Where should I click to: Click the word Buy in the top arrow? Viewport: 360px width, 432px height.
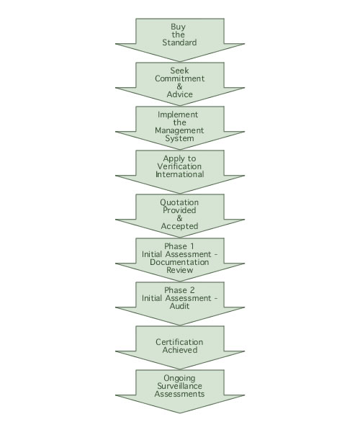point(179,27)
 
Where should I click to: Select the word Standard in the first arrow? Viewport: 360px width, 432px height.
point(179,42)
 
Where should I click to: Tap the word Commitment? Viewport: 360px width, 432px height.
point(179,78)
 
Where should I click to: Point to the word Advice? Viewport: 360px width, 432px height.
point(179,94)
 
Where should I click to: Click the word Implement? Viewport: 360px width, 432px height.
point(178,115)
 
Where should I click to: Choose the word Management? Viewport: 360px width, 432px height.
point(179,130)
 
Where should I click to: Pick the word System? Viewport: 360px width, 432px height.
point(179,138)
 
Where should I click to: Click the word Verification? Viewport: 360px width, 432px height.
point(179,166)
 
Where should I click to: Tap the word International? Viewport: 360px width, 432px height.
point(179,174)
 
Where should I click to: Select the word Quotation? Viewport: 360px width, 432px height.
point(179,202)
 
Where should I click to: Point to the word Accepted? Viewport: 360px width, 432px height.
point(179,226)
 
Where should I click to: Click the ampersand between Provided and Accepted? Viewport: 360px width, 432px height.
point(179,218)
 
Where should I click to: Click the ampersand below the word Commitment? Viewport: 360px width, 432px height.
point(179,86)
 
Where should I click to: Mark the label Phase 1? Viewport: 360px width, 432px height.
point(179,246)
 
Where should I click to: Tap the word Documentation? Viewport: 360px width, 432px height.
point(179,262)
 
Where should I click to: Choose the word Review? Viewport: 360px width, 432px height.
point(179,270)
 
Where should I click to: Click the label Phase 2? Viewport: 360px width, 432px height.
point(179,290)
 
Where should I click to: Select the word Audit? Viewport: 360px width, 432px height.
point(179,306)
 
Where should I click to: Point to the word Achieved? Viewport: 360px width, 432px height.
point(179,350)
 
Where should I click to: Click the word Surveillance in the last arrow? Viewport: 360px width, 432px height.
point(179,386)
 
